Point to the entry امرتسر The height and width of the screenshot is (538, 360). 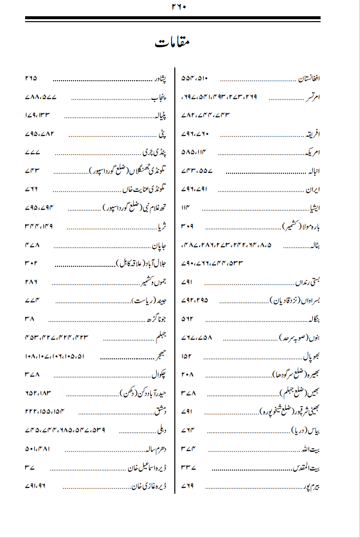click(x=312, y=97)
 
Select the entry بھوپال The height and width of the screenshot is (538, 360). click(x=311, y=355)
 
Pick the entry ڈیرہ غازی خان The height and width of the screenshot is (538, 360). click(x=149, y=487)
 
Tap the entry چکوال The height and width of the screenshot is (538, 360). click(x=160, y=374)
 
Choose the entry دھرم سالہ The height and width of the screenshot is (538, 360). click(x=154, y=449)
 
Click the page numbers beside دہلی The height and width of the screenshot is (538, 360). click(x=65, y=430)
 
